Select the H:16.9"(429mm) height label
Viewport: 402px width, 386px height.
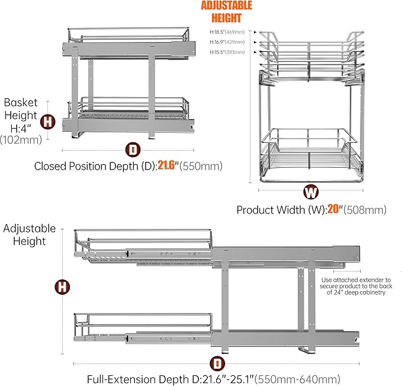[225, 43]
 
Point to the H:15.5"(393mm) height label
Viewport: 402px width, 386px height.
[225, 52]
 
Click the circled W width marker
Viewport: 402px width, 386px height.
[310, 192]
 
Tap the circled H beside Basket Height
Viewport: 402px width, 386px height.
[47, 122]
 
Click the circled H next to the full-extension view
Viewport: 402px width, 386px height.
[61, 287]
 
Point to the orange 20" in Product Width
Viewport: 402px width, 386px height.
[335, 209]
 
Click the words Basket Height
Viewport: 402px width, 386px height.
[21, 109]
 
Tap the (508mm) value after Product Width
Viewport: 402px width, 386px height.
[366, 209]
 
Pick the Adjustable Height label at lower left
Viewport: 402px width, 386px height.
[30, 235]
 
